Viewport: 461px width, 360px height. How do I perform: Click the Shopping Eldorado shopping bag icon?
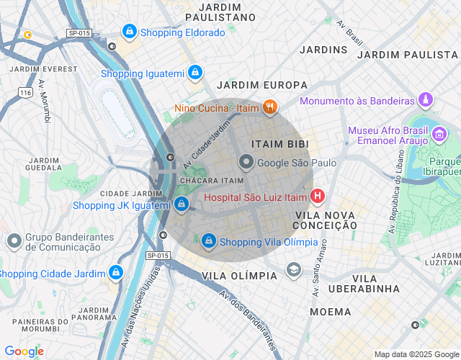pyautogui.click(x=129, y=32)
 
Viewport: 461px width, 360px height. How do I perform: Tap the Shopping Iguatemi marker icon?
pyautogui.click(x=194, y=73)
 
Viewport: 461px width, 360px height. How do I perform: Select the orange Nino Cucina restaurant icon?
pyautogui.click(x=270, y=108)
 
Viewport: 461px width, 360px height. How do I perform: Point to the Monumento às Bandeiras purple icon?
pyautogui.click(x=426, y=101)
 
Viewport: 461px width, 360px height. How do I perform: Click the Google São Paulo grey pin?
pyautogui.click(x=246, y=163)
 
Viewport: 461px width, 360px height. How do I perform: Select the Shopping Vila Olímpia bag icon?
pyautogui.click(x=208, y=240)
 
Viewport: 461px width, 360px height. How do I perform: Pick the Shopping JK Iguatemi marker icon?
pyautogui.click(x=182, y=205)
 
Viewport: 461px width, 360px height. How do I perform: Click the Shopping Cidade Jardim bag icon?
pyautogui.click(x=115, y=273)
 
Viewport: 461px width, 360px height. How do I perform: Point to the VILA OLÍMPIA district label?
pyautogui.click(x=239, y=276)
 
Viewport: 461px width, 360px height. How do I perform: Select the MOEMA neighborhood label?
pyautogui.click(x=330, y=312)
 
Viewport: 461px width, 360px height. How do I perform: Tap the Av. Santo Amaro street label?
pyautogui.click(x=320, y=266)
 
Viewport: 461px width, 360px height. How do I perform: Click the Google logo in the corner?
pyautogui.click(x=24, y=351)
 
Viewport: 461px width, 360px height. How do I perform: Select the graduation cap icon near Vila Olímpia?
pyautogui.click(x=293, y=269)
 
